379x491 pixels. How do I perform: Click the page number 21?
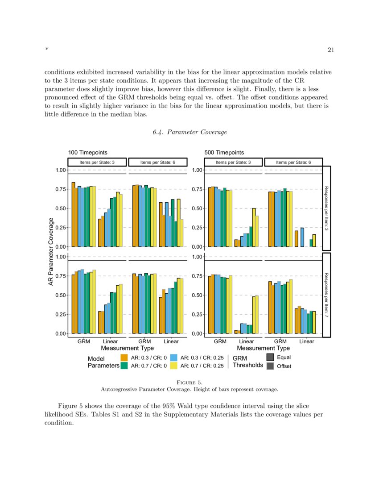(331, 50)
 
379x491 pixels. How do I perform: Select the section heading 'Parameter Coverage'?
(190, 132)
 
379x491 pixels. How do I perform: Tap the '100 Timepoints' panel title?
(87, 153)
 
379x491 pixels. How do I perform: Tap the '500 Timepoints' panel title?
(224, 153)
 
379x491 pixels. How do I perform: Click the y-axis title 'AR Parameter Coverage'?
(51, 251)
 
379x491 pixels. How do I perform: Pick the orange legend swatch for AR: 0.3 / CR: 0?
(124, 358)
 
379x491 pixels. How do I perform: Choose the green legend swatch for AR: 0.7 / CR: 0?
(124, 366)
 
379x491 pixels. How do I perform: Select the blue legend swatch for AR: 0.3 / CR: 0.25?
(174, 358)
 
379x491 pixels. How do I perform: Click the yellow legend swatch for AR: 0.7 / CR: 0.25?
(174, 366)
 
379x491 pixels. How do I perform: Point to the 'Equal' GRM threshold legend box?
(270, 358)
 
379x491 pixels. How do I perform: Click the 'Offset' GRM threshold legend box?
(270, 366)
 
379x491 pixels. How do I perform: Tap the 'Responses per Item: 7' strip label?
(326, 295)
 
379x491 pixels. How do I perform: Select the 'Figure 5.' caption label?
(189, 383)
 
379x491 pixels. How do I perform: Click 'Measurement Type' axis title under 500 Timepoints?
(264, 348)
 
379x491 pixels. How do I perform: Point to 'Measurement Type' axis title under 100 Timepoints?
(128, 348)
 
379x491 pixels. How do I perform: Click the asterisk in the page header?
(46, 50)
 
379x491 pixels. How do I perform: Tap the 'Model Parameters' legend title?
(103, 362)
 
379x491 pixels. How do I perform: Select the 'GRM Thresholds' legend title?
(247, 362)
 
